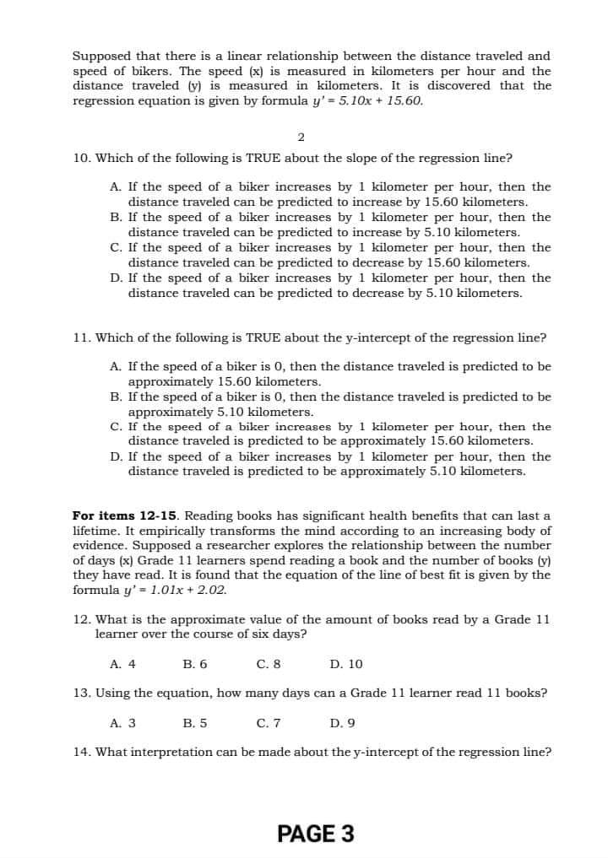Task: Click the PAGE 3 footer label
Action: coord(315,834)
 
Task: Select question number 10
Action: coord(81,158)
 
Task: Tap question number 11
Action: coord(82,337)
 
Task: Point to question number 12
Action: coord(82,619)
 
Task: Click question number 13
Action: coord(82,693)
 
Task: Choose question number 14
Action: coord(82,752)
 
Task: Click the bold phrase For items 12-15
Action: coord(126,515)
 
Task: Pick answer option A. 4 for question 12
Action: coord(123,664)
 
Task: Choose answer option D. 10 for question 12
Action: coord(346,664)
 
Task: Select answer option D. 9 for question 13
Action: coord(342,722)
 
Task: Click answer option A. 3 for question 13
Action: coord(123,722)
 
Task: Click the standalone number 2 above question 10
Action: coord(301,137)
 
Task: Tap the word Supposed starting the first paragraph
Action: coord(101,56)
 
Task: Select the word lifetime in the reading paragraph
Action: coord(99,531)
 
